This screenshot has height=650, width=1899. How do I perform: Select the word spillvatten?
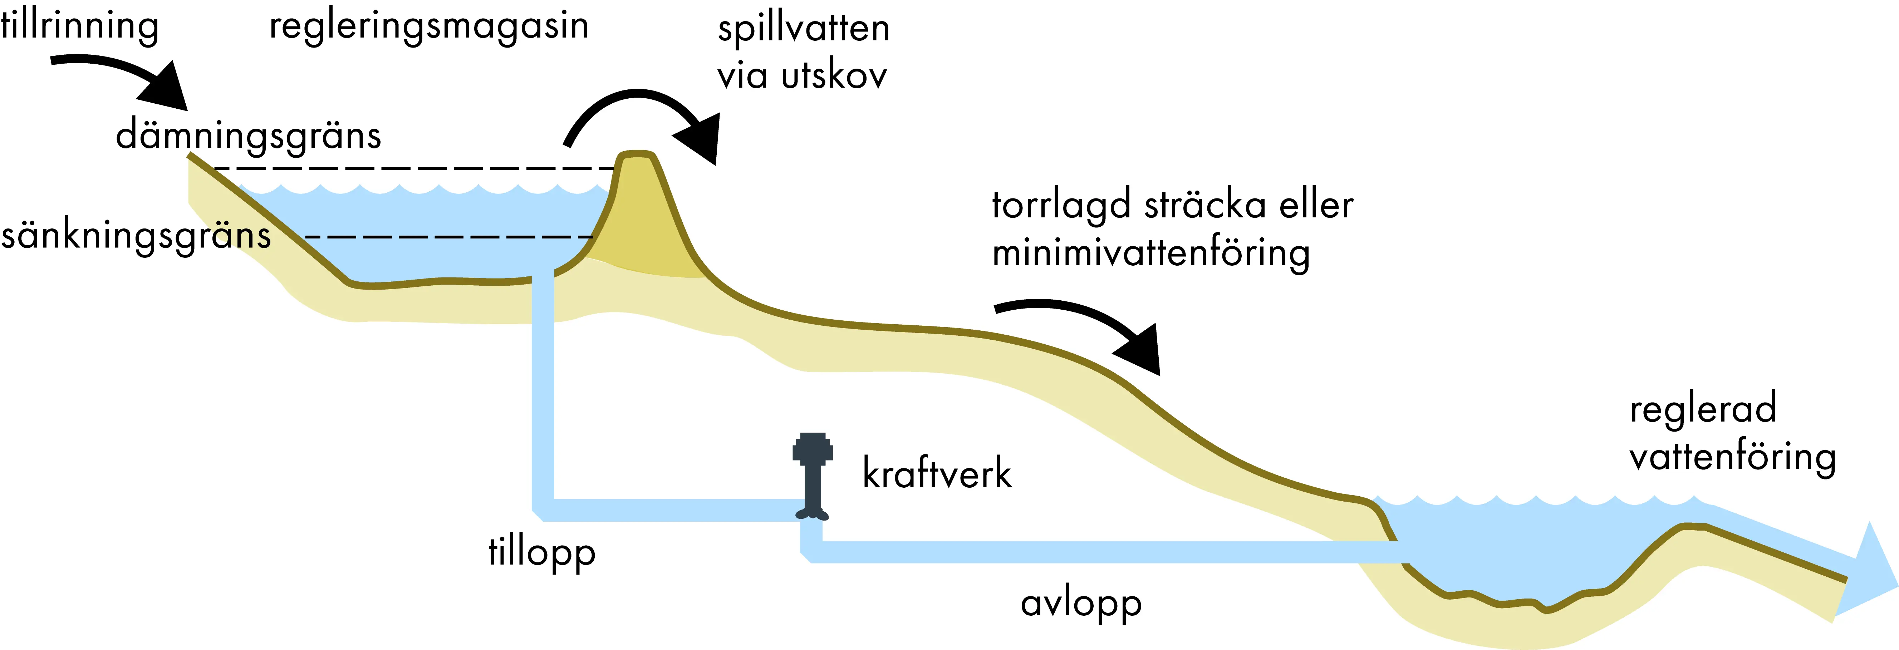click(x=804, y=29)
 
